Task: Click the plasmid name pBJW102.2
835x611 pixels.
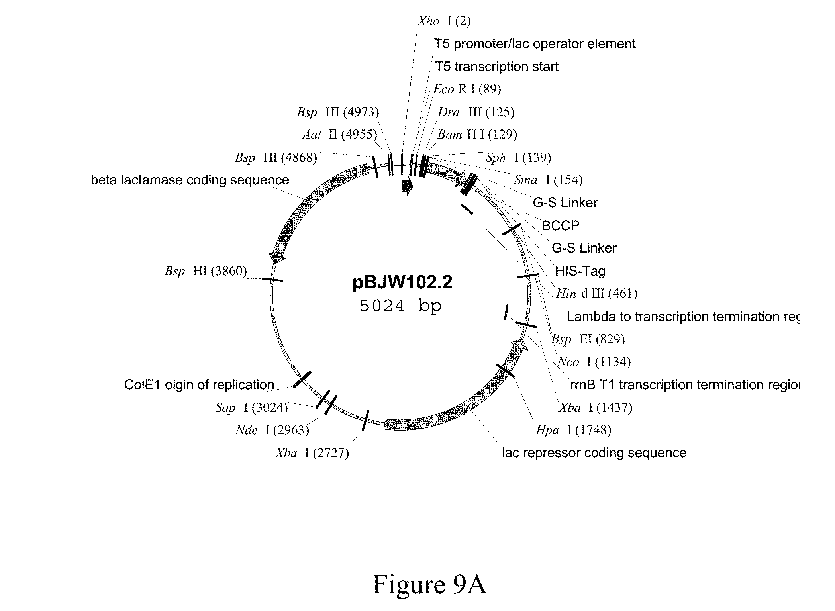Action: [402, 283]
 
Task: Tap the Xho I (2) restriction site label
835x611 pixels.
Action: [444, 21]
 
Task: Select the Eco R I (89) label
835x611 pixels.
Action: [467, 89]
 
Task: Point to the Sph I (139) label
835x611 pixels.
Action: [518, 157]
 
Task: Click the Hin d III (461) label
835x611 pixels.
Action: [596, 294]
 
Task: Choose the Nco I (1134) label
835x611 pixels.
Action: [594, 362]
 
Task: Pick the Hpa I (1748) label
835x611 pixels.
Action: [573, 430]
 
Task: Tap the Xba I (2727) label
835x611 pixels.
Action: [312, 453]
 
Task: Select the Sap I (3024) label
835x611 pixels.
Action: [251, 407]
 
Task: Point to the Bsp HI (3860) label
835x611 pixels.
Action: [206, 271]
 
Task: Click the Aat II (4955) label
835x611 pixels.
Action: [340, 135]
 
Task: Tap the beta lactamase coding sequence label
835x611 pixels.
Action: [190, 180]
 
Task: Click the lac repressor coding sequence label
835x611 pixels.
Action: [594, 453]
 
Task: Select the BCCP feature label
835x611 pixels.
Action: [561, 225]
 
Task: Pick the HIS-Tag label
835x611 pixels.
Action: [580, 271]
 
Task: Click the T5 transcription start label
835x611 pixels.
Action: [497, 66]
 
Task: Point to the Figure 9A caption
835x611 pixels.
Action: [429, 584]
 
